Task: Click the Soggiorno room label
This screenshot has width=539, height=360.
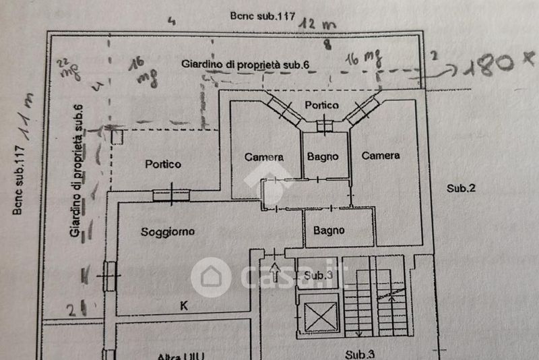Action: pos(168,232)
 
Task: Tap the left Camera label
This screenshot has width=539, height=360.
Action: pos(264,157)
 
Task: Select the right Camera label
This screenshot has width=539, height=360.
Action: pos(381,156)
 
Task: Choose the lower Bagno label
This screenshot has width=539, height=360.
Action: pos(329,230)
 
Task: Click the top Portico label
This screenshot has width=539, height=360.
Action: pos(321,105)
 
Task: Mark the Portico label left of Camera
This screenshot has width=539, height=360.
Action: pos(163,164)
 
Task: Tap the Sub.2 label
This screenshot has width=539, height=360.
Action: pos(462,188)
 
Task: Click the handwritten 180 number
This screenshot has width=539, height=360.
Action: pos(492,65)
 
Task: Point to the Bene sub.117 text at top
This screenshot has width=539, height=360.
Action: pos(263,16)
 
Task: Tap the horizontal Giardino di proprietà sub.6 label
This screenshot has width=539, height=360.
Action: pos(245,64)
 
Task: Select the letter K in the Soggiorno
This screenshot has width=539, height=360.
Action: pos(183,305)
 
